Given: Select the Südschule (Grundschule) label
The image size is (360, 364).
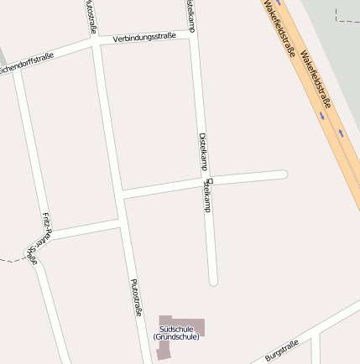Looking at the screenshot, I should tap(176, 333).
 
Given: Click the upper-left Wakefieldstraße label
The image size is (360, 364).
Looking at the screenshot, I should tap(279, 29).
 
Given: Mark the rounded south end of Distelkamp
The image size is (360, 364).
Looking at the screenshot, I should tap(213, 281).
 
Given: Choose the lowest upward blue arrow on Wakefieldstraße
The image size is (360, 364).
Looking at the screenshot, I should tap(341, 133).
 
